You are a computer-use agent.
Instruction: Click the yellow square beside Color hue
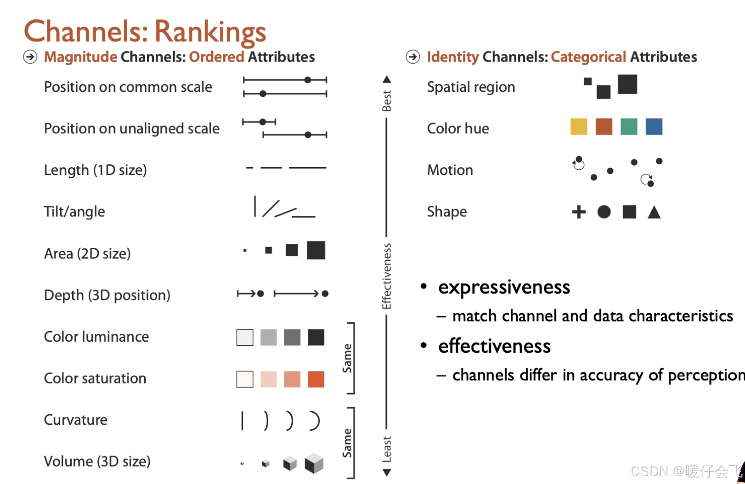point(579,127)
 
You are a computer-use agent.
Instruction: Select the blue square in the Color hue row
point(654,127)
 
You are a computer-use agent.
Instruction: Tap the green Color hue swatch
point(629,127)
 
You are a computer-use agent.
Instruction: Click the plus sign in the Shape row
point(579,212)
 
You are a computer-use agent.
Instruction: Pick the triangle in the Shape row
point(654,212)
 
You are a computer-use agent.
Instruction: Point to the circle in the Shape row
point(604,212)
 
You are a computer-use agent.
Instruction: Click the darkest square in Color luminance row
point(316,338)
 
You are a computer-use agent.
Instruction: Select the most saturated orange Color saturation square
point(316,379)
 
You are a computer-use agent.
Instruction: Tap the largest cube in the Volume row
point(314,463)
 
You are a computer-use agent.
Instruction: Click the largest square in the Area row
point(316,250)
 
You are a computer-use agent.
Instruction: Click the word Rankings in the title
point(210,32)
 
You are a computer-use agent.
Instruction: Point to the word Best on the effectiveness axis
point(387,101)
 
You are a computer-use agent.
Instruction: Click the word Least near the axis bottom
point(387,449)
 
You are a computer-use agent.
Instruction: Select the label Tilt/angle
point(74,212)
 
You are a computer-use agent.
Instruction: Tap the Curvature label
point(76,420)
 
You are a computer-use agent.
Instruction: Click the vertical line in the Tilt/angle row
point(255,206)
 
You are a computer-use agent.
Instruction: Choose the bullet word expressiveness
point(504,287)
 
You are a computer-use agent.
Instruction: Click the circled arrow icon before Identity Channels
point(413,57)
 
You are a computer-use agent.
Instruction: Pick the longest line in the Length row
point(307,168)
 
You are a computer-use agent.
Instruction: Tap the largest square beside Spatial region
point(627,84)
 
